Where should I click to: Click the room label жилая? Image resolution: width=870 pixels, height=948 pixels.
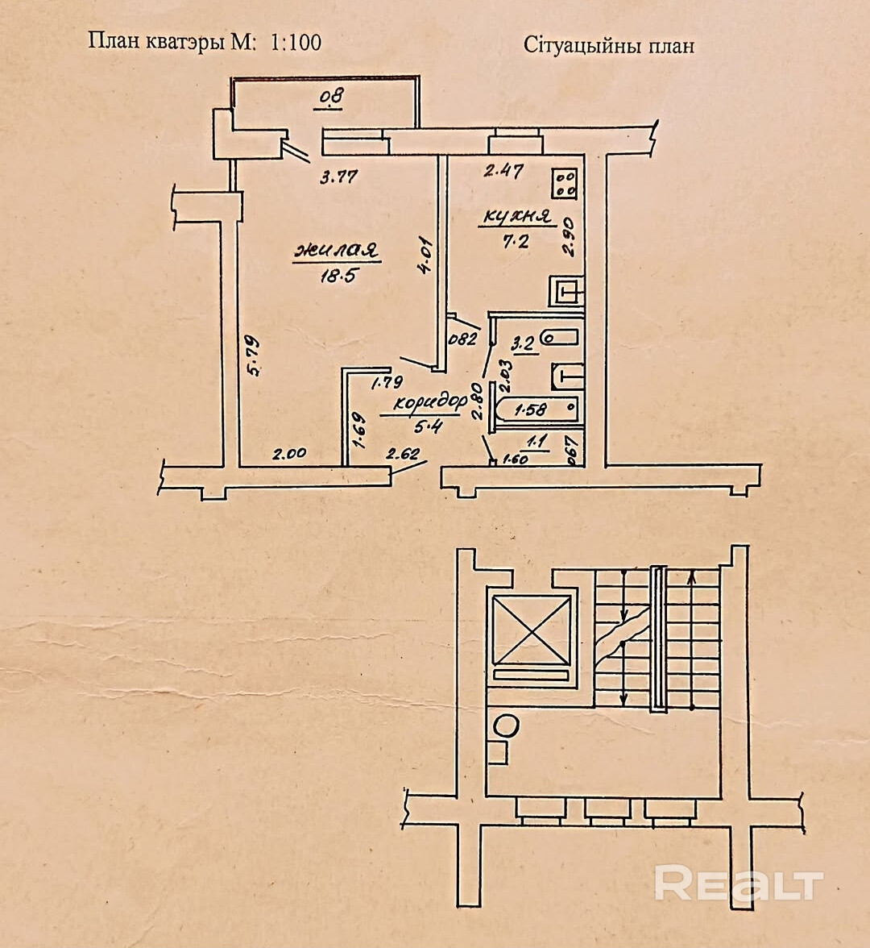336,250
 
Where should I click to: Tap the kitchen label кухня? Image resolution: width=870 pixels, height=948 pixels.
516,216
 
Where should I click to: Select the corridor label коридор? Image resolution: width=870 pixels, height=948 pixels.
432,401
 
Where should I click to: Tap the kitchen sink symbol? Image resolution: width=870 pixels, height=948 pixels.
567,290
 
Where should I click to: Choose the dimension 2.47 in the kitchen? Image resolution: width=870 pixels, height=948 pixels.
503,171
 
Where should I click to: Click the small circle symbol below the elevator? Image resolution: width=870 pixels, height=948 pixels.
506,725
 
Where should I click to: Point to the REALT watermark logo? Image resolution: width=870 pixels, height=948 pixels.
738,884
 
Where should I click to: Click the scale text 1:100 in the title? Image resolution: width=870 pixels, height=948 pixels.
296,42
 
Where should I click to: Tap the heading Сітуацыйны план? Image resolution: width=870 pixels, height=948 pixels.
609,45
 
